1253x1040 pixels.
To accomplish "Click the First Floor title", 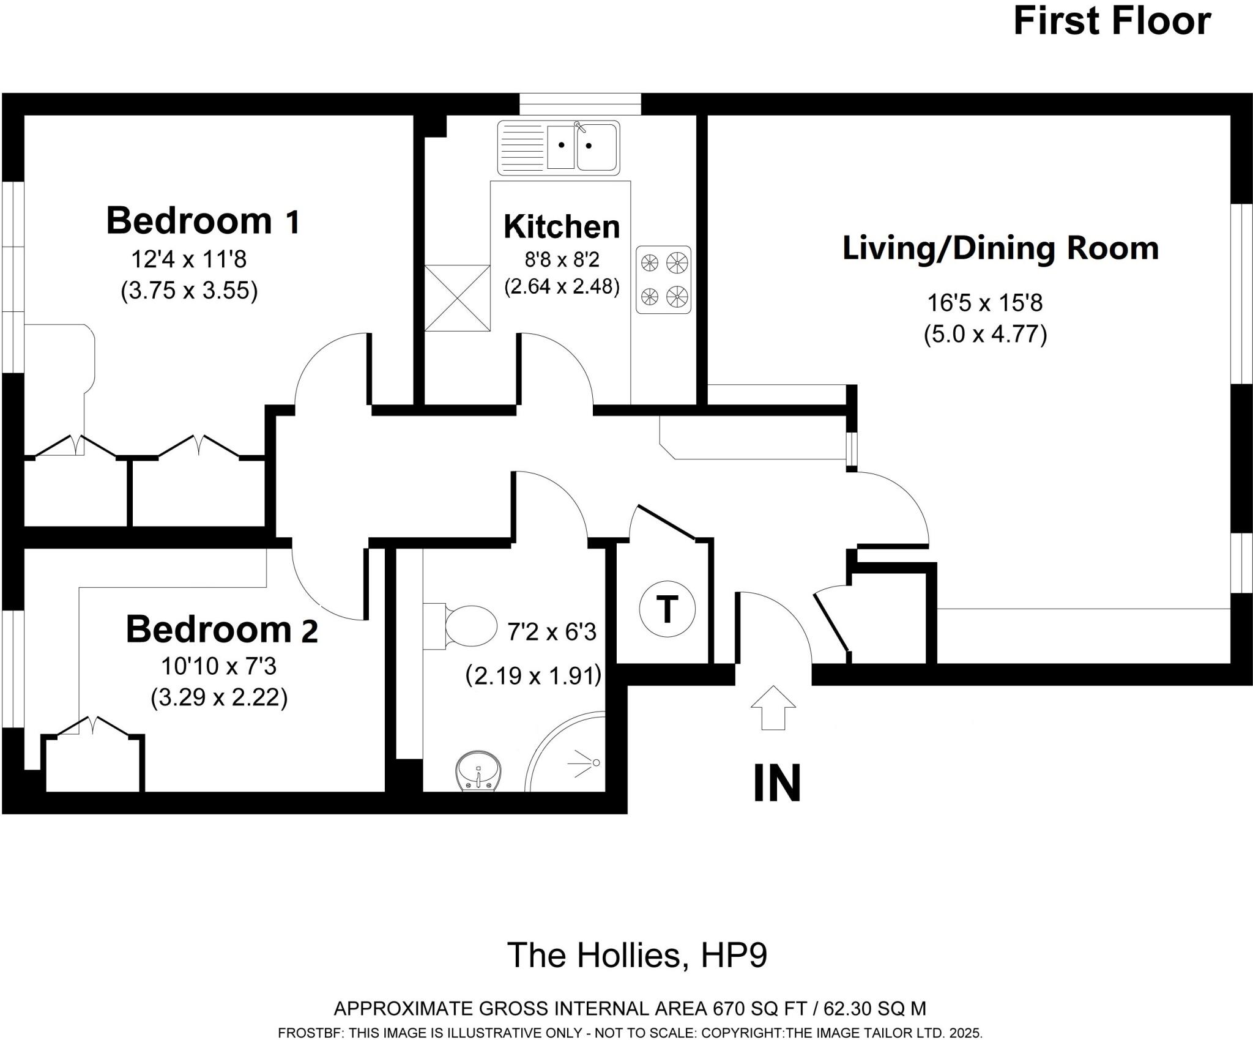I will pyautogui.click(x=1112, y=22).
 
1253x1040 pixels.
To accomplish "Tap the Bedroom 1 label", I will pyautogui.click(x=203, y=221).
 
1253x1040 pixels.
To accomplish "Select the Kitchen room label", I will pyautogui.click(x=562, y=227).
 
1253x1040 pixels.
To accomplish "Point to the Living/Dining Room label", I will pyautogui.click(x=1000, y=249).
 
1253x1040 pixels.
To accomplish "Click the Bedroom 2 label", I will pyautogui.click(x=221, y=630).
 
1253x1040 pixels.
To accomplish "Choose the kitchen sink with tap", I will pyautogui.click(x=559, y=147).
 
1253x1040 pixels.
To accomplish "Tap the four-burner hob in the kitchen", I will pyautogui.click(x=663, y=280).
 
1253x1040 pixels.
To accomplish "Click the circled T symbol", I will pyautogui.click(x=667, y=609).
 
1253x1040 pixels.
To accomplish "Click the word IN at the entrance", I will pyautogui.click(x=777, y=783).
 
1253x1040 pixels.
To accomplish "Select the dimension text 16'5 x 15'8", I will pyautogui.click(x=984, y=303).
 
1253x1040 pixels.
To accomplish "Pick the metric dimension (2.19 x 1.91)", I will pyautogui.click(x=534, y=676).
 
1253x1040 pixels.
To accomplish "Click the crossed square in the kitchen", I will pyautogui.click(x=457, y=298).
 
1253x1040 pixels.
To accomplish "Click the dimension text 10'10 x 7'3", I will pyautogui.click(x=218, y=666).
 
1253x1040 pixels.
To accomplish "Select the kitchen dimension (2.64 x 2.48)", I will pyautogui.click(x=562, y=286).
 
